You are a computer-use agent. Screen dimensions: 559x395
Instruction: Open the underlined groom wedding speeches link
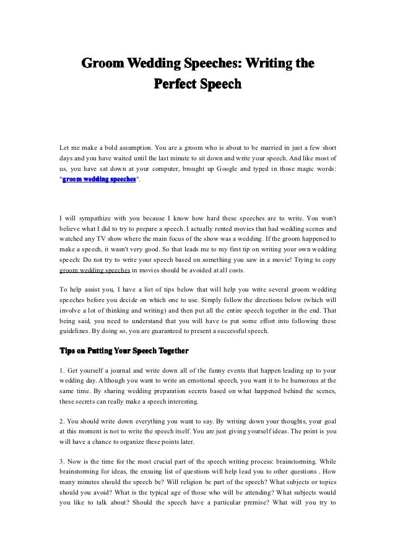pyautogui.click(x=94, y=270)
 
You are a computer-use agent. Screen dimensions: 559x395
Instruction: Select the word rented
pyautogui.click(x=201, y=228)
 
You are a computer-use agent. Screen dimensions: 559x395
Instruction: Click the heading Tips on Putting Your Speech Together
pyautogui.click(x=123, y=353)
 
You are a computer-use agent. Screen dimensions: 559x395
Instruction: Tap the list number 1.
pyautogui.click(x=61, y=373)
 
